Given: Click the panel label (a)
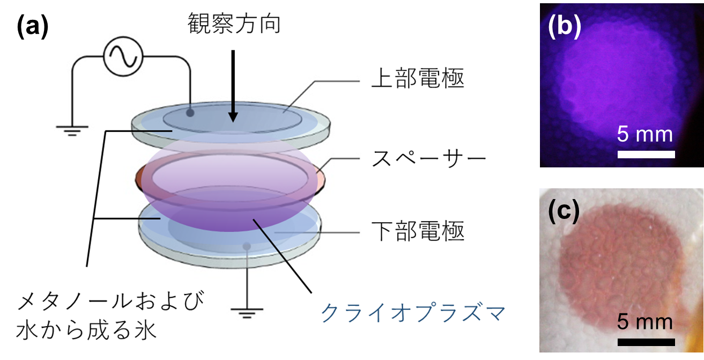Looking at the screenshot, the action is click(x=33, y=27).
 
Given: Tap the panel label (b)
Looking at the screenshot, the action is click(x=565, y=27).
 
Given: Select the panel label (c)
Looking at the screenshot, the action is click(x=564, y=211).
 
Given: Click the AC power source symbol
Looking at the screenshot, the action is click(x=123, y=56).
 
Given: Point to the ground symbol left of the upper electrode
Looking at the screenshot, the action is click(x=72, y=130).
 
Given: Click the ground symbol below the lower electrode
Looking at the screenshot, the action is click(x=247, y=313).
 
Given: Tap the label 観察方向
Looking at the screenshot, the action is click(x=234, y=24).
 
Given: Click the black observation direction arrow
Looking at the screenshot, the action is click(x=233, y=86).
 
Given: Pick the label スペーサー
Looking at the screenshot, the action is click(x=429, y=159).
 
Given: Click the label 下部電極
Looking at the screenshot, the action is click(x=418, y=231).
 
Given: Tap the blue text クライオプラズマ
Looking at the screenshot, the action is click(x=413, y=313).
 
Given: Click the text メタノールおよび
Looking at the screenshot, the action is click(x=110, y=301).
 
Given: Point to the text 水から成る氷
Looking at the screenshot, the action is click(x=86, y=330).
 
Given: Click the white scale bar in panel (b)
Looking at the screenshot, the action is click(x=646, y=154).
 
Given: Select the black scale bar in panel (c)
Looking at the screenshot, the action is click(x=646, y=342).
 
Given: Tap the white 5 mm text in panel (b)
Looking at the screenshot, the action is click(x=644, y=134).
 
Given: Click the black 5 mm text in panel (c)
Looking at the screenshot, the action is click(x=644, y=322).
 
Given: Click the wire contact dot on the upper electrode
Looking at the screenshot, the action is click(x=190, y=113).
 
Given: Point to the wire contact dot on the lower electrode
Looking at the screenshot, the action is click(x=247, y=246).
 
